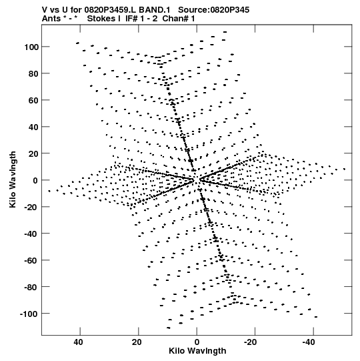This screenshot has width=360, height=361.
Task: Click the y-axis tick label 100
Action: click(31, 47)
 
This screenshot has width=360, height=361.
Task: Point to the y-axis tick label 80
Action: click(33, 73)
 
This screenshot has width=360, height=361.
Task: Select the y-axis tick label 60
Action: click(33, 100)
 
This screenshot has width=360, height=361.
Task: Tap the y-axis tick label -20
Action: click(31, 207)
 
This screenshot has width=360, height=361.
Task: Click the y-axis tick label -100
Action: click(29, 314)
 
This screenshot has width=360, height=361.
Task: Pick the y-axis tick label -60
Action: click(31, 260)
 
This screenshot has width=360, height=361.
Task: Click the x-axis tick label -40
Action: click(309, 342)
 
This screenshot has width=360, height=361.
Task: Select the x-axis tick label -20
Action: click(250, 342)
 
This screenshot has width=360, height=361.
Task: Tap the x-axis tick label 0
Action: click(197, 342)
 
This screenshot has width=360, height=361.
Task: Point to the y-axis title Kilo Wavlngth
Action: click(13, 179)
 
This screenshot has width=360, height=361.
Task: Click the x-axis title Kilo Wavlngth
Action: click(197, 351)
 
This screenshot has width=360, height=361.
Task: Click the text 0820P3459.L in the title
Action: click(111, 10)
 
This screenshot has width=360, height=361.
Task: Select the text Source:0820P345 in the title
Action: click(214, 10)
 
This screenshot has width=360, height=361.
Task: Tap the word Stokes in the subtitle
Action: click(102, 19)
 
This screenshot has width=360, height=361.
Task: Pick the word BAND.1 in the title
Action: click(155, 10)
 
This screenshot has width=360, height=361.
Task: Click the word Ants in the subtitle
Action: click(51, 19)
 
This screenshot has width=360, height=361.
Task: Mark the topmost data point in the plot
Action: click(225, 32)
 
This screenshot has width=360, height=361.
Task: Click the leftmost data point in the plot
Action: click(49, 191)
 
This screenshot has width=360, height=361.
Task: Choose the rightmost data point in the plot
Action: click(345, 169)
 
